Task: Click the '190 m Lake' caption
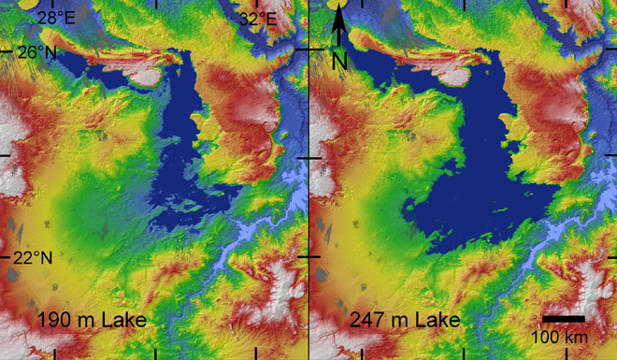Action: click(92, 322)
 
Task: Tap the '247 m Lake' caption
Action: click(405, 322)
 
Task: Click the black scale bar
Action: click(564, 319)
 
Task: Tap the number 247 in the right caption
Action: click(367, 322)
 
